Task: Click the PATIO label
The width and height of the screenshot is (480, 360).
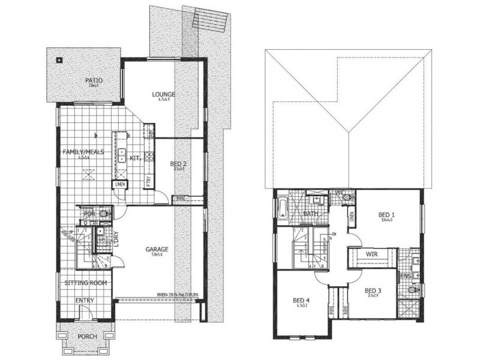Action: tap(93, 79)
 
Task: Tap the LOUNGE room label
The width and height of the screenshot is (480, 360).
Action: tap(163, 94)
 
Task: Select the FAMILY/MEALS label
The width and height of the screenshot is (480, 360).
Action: tap(83, 152)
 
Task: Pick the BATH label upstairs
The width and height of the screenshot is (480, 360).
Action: tap(310, 213)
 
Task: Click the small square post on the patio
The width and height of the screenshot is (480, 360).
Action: tap(58, 60)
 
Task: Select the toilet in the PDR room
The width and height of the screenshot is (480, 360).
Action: tap(105, 212)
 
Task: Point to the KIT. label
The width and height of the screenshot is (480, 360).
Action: tap(134, 158)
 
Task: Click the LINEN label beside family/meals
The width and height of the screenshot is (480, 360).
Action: tap(120, 184)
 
